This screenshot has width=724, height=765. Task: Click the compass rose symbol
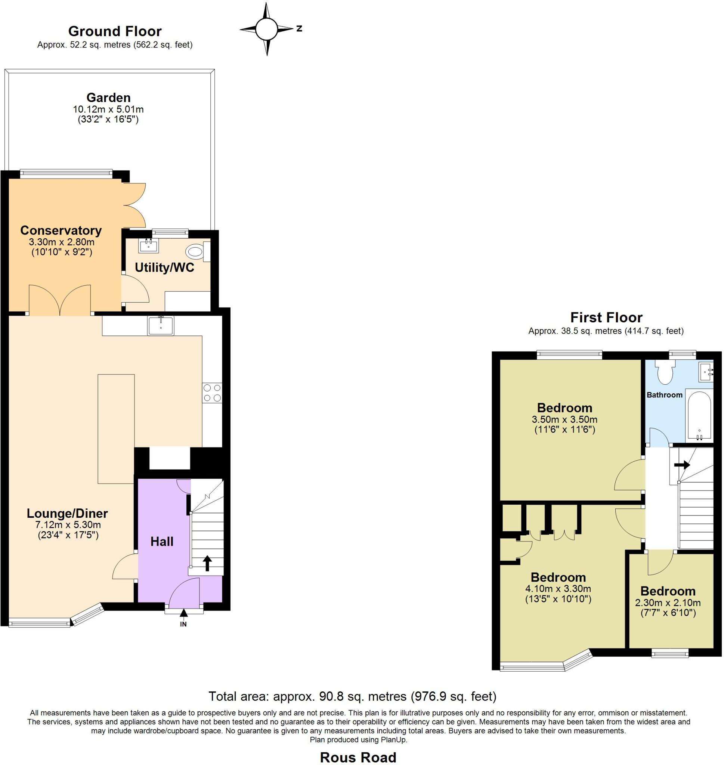(266, 29)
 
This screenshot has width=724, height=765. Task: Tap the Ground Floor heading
(115, 31)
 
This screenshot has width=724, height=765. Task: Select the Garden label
(108, 97)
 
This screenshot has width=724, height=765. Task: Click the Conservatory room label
(61, 230)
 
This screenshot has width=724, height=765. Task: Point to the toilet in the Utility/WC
(195, 252)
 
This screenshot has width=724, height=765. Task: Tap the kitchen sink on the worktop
(161, 325)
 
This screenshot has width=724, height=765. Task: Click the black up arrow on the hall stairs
(207, 563)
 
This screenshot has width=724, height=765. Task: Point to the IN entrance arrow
(184, 613)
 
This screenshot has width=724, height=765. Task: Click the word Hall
(162, 542)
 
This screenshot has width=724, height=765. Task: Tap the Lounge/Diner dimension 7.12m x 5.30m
(68, 525)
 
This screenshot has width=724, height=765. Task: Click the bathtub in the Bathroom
(699, 417)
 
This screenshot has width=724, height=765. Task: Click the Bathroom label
(665, 395)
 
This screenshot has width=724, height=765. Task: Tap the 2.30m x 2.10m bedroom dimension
(668, 603)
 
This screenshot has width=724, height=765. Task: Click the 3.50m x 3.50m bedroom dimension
(564, 419)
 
